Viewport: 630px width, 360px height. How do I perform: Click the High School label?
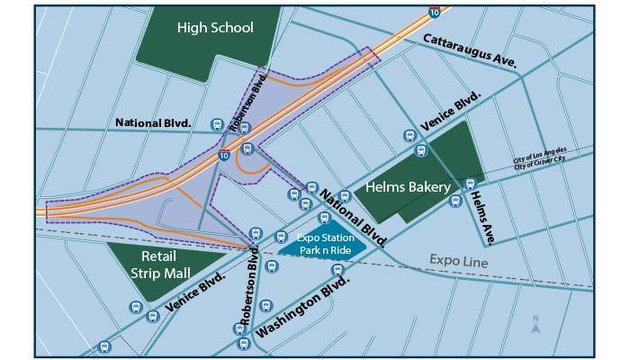(x=215, y=28)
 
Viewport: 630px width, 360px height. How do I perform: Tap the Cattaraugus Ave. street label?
(x=469, y=50)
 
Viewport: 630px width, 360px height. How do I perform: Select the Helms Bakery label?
(x=408, y=187)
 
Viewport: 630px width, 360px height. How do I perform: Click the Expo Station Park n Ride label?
(x=322, y=243)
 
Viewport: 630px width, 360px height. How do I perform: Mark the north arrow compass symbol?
(x=535, y=325)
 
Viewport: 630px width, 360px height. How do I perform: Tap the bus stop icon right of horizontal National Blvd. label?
(x=216, y=124)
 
